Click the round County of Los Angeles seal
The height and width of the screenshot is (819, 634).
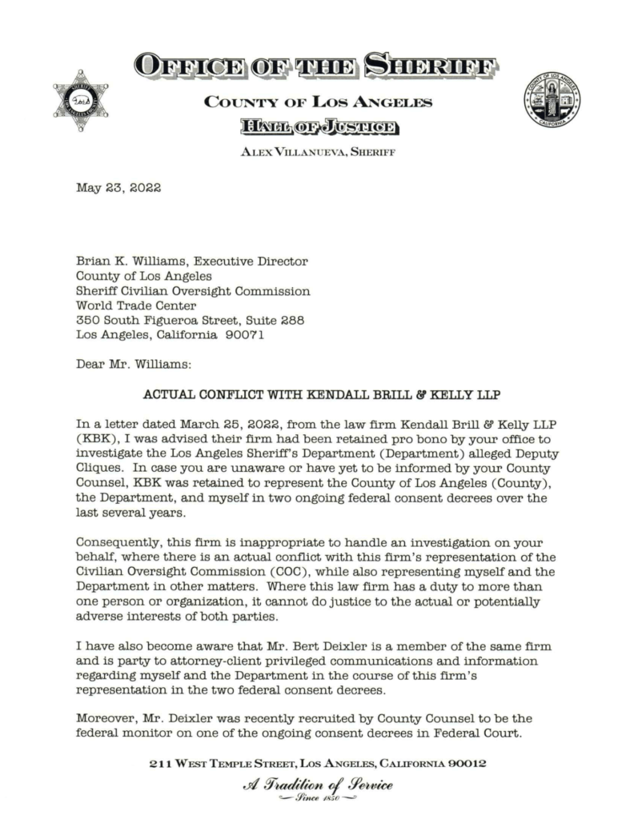pos(552,102)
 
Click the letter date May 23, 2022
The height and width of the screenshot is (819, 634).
pos(118,189)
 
